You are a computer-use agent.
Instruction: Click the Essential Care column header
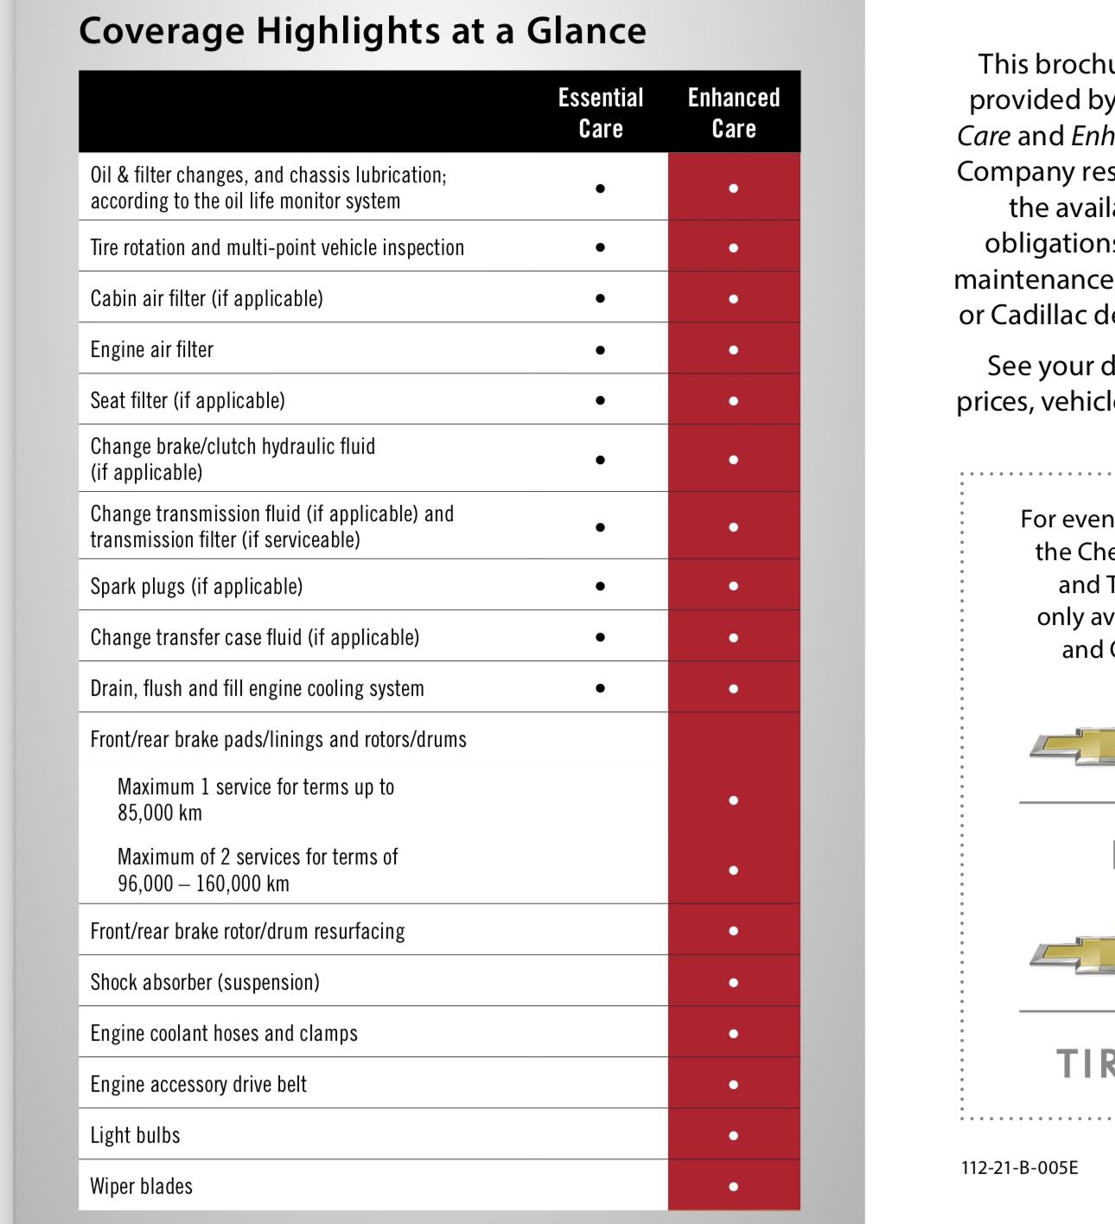(601, 112)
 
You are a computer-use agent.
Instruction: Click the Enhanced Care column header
(734, 112)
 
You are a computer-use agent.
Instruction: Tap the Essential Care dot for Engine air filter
(601, 350)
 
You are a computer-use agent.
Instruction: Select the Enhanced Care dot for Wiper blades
(734, 1187)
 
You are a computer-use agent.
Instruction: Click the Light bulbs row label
(136, 1135)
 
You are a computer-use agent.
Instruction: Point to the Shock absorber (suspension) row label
(205, 982)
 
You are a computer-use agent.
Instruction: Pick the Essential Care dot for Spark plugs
(601, 586)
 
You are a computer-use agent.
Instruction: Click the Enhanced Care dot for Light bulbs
(734, 1136)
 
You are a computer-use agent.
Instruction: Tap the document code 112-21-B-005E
(1019, 1168)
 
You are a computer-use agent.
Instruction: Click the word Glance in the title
(586, 31)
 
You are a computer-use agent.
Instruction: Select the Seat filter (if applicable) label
(188, 400)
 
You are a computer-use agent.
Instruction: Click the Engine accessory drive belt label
(199, 1084)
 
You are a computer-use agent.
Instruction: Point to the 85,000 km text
(160, 813)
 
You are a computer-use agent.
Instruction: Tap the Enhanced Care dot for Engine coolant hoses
(734, 1034)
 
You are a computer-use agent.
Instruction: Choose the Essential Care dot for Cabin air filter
(601, 299)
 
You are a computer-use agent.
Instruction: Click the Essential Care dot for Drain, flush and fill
(601, 689)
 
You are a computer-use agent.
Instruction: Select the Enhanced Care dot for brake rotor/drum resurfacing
(734, 931)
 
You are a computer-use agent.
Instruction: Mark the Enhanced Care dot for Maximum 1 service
(734, 800)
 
